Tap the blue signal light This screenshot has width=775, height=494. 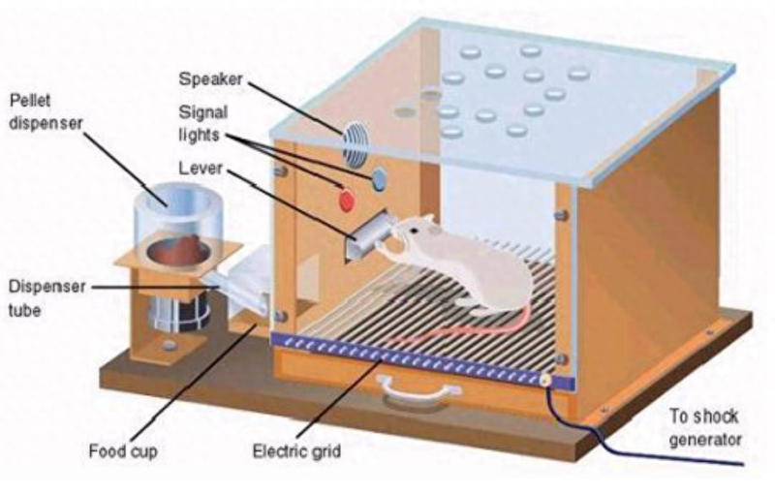coord(379,178)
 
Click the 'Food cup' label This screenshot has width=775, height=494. coord(123,450)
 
